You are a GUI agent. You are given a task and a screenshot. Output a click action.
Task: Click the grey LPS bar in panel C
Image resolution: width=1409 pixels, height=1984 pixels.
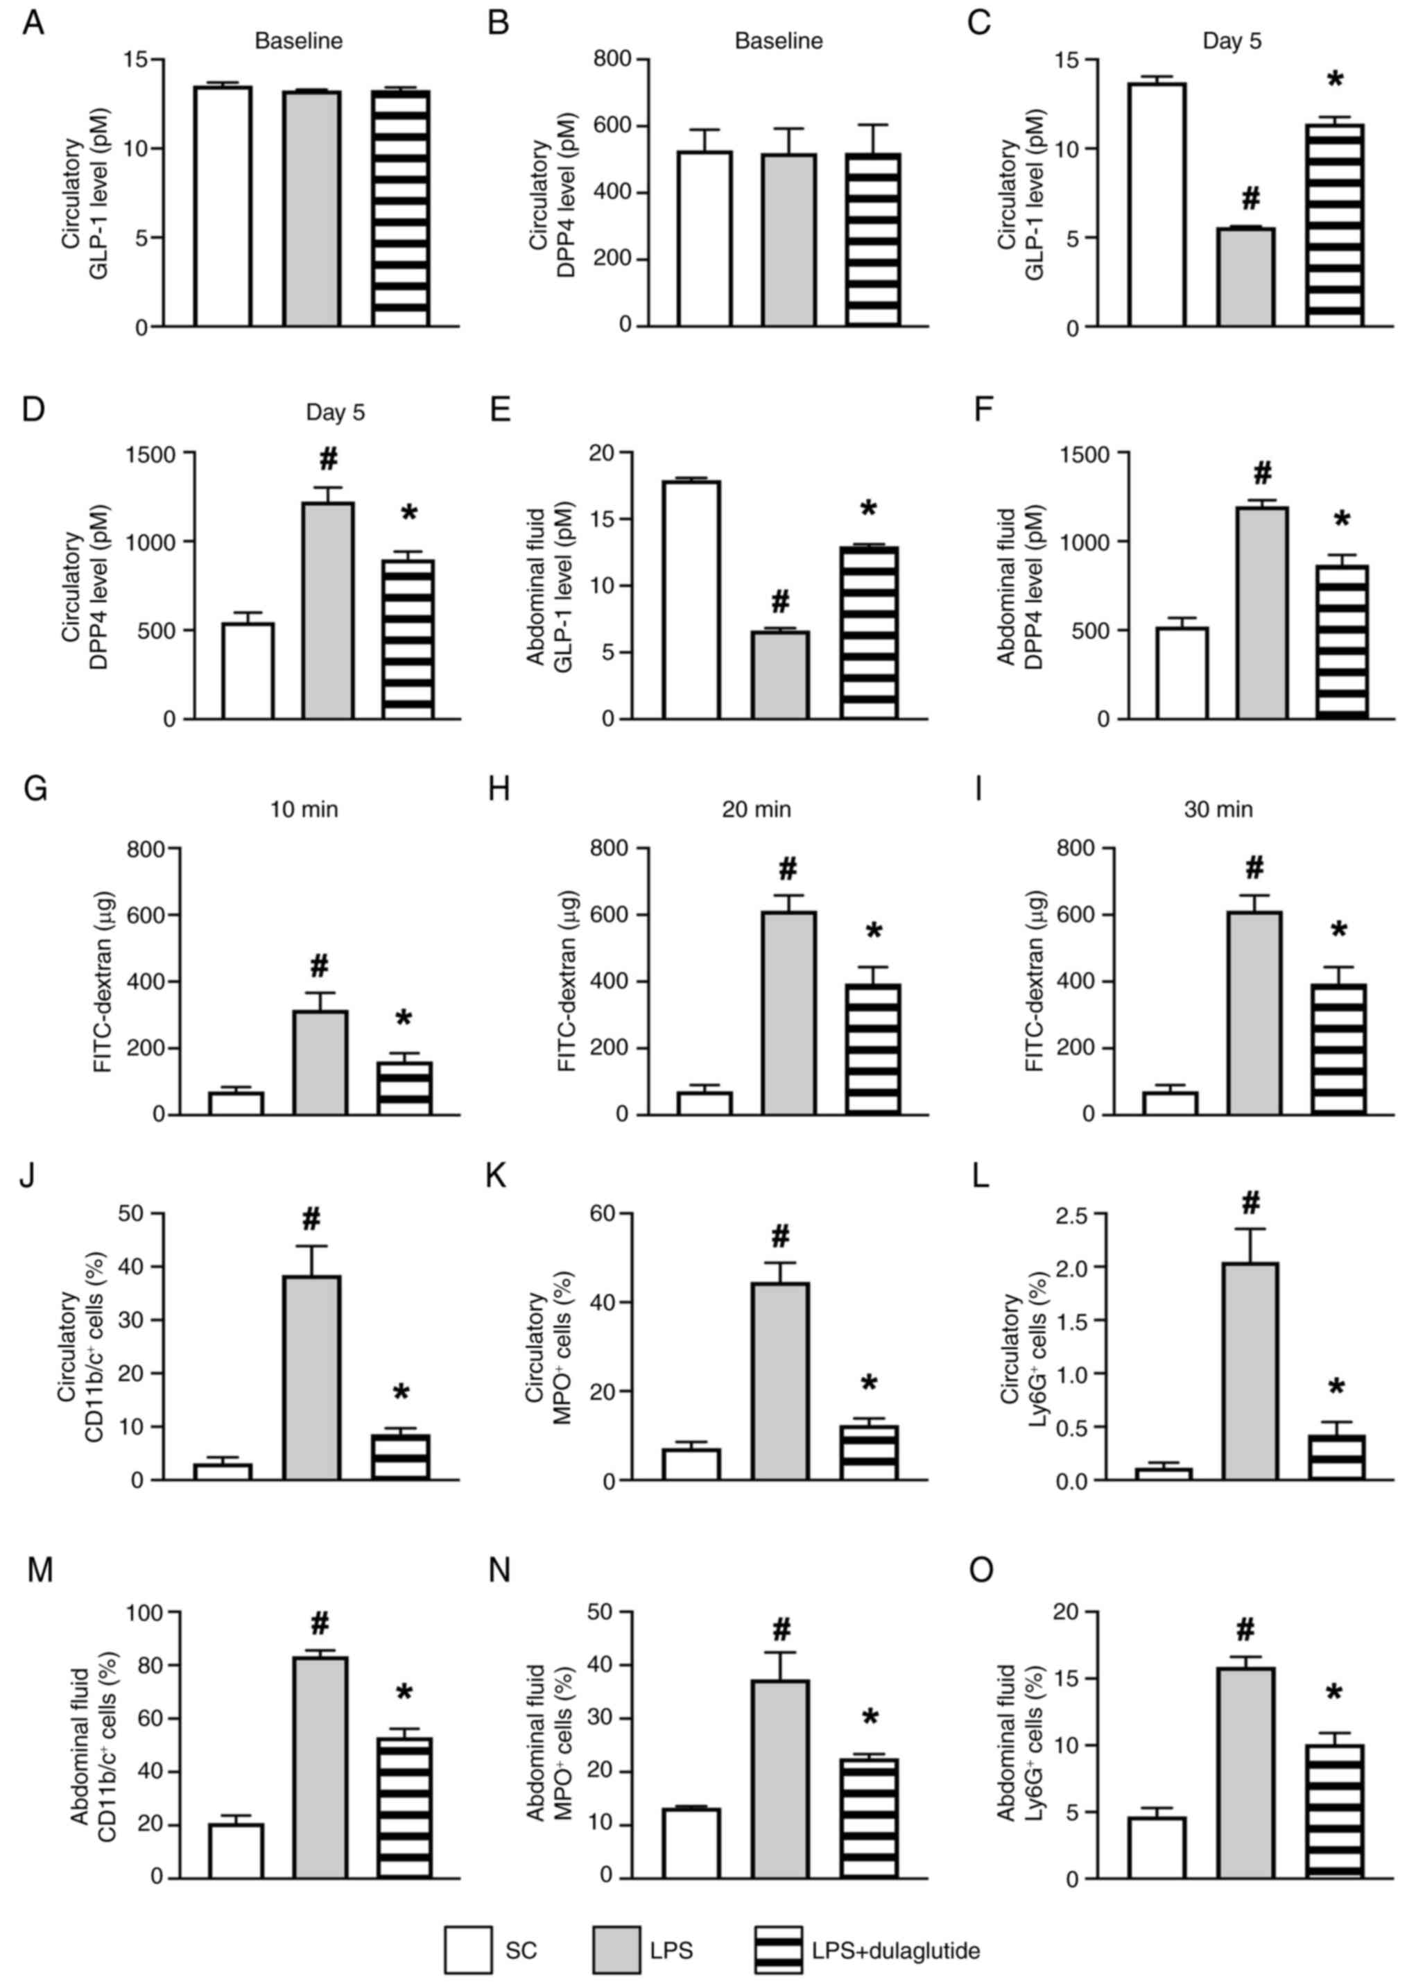(1246, 277)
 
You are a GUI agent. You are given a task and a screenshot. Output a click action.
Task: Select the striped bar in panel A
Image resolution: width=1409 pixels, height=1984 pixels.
(401, 208)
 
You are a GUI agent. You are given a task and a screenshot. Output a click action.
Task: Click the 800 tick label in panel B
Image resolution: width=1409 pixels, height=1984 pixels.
(614, 60)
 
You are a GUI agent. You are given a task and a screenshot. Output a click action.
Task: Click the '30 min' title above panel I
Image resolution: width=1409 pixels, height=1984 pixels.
(1218, 810)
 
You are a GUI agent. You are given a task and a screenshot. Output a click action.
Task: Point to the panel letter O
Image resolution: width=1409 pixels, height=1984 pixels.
(980, 1571)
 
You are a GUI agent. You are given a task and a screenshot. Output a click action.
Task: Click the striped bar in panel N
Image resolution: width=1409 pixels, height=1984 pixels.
(868, 1818)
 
